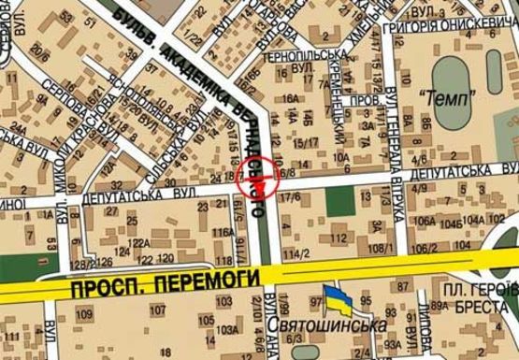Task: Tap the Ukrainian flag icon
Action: tap(339, 300)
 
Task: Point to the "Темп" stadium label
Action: tap(448, 95)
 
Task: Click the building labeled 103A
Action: tap(226, 330)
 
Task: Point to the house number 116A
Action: tap(222, 231)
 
